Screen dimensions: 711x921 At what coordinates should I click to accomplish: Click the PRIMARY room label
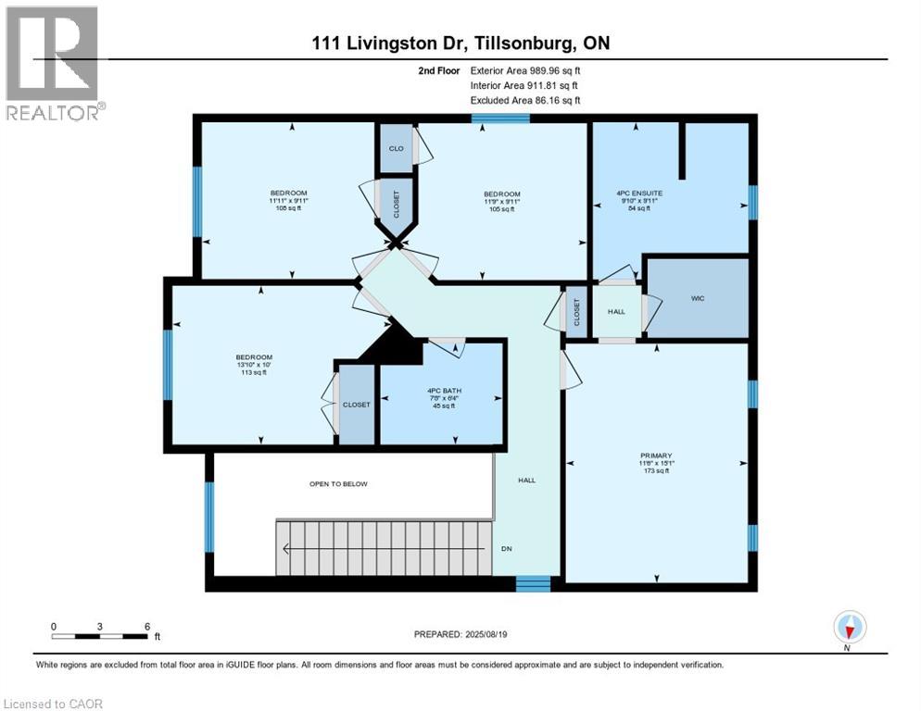(x=655, y=455)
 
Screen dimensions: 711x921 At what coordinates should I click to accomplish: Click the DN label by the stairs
(x=506, y=547)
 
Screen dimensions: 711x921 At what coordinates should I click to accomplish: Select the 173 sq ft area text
(x=655, y=470)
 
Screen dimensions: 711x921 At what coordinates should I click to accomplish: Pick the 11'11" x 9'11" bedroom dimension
(x=288, y=201)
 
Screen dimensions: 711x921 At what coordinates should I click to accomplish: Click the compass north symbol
(x=849, y=628)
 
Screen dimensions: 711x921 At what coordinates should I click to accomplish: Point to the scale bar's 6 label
(x=146, y=626)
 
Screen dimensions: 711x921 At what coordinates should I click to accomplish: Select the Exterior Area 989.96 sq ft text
(x=525, y=69)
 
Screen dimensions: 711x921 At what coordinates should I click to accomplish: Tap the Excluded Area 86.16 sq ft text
(x=525, y=100)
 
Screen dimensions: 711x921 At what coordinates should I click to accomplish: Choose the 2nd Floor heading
(x=437, y=69)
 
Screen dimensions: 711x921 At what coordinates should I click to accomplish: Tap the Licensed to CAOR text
(x=54, y=704)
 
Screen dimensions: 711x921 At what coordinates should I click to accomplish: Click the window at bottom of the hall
(x=533, y=582)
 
